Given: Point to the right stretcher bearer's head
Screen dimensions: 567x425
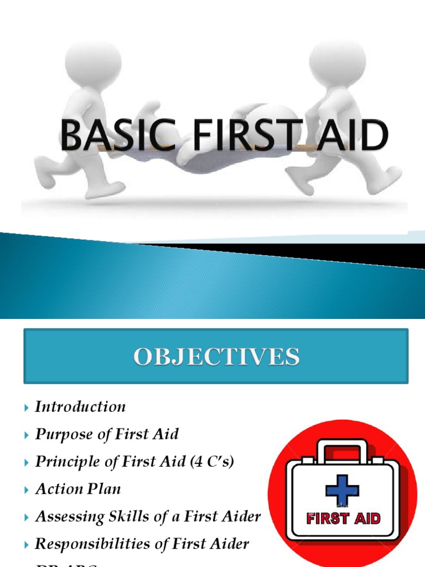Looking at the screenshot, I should click(337, 58).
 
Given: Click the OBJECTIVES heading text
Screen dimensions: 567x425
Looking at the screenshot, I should click(216, 356).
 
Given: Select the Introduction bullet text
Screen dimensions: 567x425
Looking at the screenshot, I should click(80, 407).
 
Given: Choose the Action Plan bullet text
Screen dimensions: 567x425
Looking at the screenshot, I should click(78, 489).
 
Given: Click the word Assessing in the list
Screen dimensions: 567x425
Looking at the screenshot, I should click(63, 517).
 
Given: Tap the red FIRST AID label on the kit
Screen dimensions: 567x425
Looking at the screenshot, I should click(343, 519).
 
